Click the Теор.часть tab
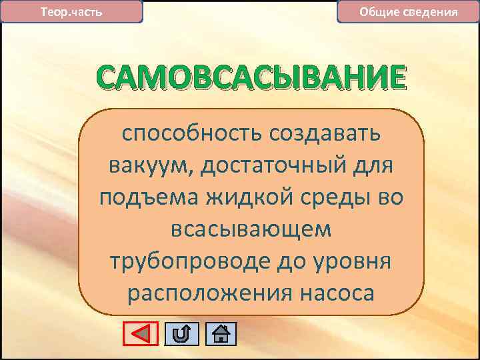(x=72, y=12)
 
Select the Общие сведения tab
(x=408, y=12)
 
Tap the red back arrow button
(x=141, y=333)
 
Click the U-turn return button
(x=181, y=333)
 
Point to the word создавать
(x=325, y=134)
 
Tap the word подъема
(x=140, y=198)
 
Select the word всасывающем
(x=251, y=230)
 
